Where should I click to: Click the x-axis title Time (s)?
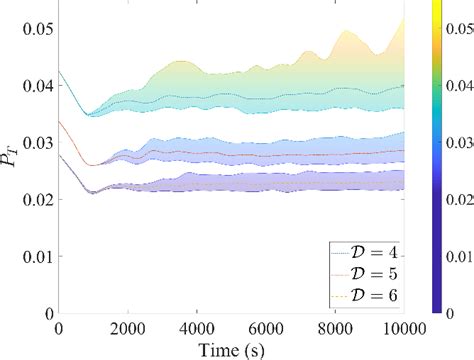pyautogui.click(x=231, y=349)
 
